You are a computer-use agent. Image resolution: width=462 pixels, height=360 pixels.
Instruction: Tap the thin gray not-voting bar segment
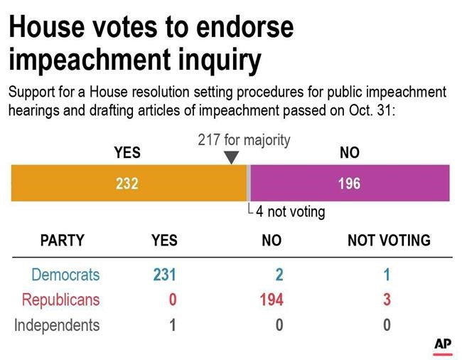(x=249, y=184)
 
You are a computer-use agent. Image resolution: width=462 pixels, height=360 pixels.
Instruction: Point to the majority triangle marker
(x=232, y=157)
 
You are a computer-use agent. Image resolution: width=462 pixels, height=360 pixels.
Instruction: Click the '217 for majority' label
(x=244, y=139)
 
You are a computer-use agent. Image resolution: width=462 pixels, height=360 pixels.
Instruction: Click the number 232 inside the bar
(x=127, y=184)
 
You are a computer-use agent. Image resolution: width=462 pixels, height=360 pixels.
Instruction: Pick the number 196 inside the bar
(x=349, y=184)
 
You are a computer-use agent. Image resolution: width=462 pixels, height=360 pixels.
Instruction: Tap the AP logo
(x=443, y=344)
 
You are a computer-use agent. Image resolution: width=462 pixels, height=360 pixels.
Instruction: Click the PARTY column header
(x=62, y=240)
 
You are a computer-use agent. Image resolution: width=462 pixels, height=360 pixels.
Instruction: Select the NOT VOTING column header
(x=388, y=240)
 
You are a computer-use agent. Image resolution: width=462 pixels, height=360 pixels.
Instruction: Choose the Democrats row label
(x=65, y=275)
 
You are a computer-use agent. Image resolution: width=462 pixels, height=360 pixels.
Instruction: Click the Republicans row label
(x=60, y=300)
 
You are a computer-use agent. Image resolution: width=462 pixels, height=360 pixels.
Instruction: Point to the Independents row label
(x=58, y=325)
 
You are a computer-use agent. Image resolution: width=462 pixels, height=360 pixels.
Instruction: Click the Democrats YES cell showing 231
(x=163, y=275)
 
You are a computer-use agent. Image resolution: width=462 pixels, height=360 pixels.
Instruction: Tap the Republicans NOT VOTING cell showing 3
(x=387, y=300)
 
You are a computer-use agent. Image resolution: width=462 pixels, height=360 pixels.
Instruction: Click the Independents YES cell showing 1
(x=171, y=325)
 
